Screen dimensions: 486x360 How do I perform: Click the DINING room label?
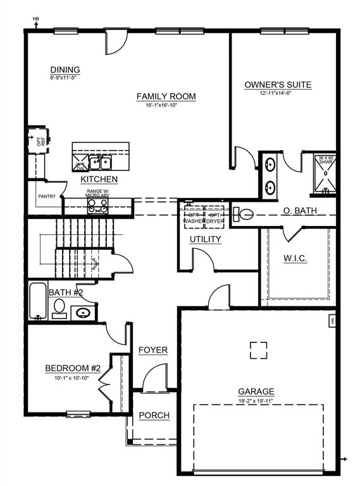click(x=65, y=70)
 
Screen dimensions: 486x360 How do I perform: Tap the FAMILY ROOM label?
click(x=166, y=96)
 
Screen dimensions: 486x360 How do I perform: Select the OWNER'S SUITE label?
click(x=278, y=85)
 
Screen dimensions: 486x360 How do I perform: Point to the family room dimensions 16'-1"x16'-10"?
click(x=166, y=105)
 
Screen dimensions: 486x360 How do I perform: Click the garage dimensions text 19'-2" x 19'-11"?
click(x=256, y=401)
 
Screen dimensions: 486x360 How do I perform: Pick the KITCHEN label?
click(x=99, y=180)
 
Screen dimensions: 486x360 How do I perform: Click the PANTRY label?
click(x=47, y=197)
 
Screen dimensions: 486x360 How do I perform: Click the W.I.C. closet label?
click(x=295, y=259)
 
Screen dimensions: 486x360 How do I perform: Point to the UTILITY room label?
click(x=206, y=239)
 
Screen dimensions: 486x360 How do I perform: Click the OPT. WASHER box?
click(x=194, y=217)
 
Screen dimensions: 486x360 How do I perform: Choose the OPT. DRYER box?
click(x=215, y=217)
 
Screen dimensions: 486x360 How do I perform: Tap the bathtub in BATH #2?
click(x=37, y=301)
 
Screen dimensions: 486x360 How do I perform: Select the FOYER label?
click(x=152, y=350)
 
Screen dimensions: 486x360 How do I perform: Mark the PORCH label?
click(x=154, y=415)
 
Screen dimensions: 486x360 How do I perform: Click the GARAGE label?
click(x=256, y=392)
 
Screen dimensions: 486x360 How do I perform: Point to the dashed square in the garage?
click(x=258, y=351)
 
